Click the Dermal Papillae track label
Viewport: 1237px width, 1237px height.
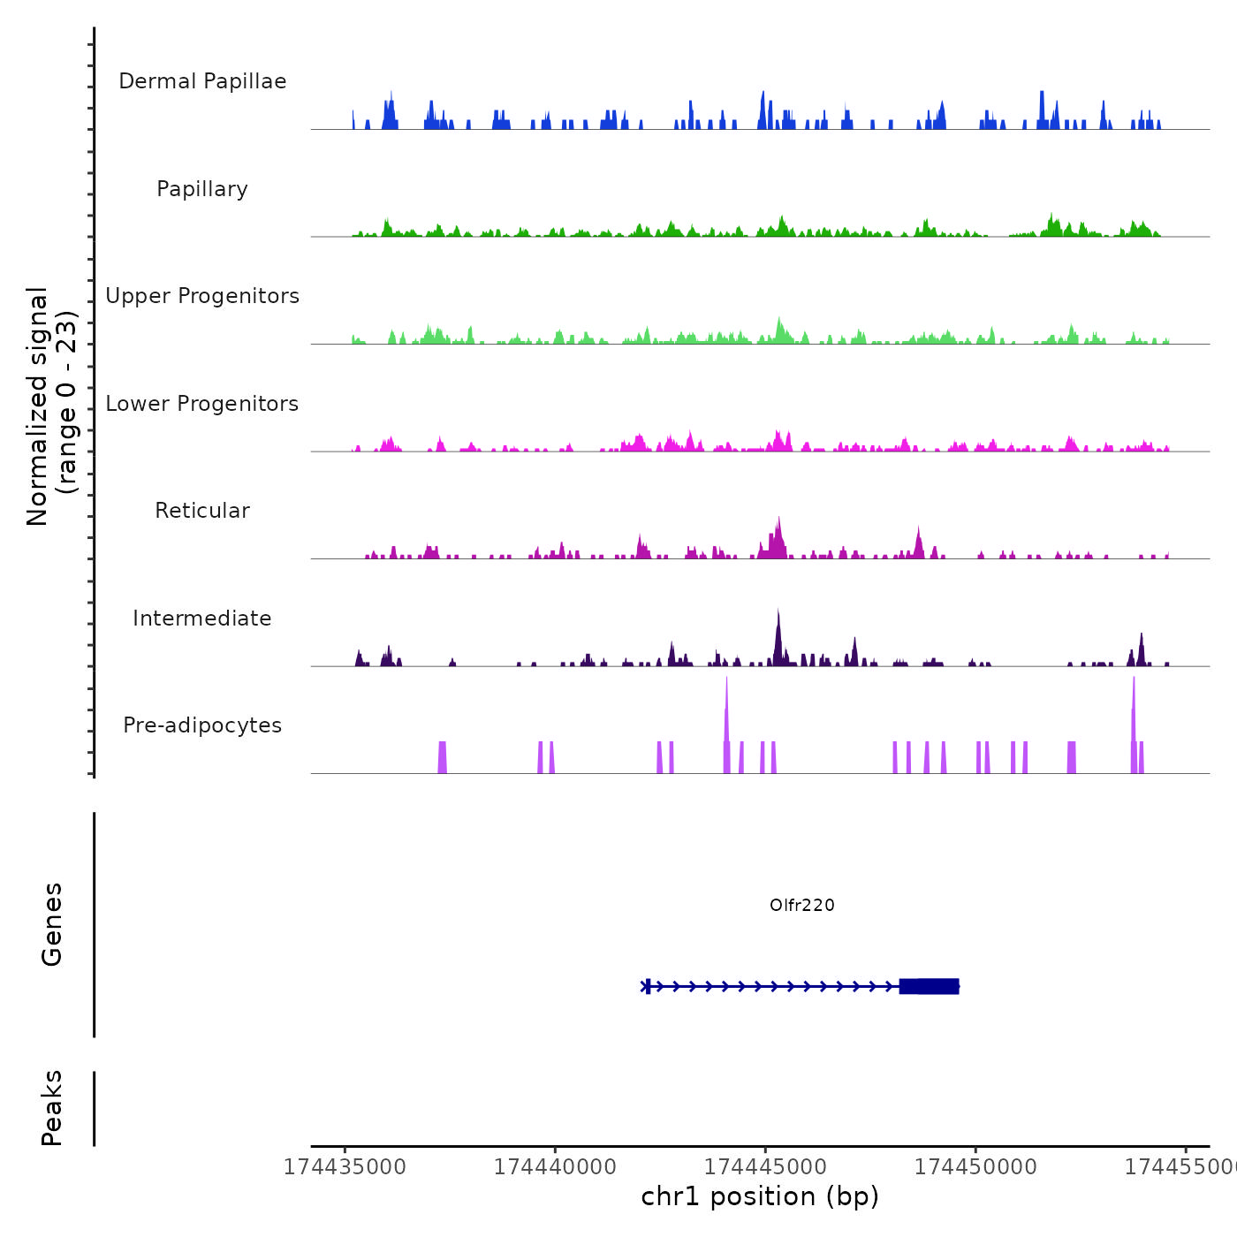(202, 81)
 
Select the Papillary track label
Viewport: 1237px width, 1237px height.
(202, 189)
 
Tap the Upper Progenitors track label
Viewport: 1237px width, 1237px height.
(202, 296)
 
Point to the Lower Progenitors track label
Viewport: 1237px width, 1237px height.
(202, 404)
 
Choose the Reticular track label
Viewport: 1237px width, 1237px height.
(202, 511)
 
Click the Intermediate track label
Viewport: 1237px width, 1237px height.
(202, 618)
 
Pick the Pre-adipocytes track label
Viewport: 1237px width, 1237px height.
(202, 725)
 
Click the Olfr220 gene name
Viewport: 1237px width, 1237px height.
(801, 905)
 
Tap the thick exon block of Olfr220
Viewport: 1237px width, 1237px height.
(930, 986)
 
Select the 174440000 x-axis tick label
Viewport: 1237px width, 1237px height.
(555, 1166)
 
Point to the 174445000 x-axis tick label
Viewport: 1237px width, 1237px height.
(765, 1166)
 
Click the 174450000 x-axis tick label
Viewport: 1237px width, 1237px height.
(975, 1166)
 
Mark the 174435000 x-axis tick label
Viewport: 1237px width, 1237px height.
(345, 1166)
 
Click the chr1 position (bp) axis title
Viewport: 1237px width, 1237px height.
(760, 1196)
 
